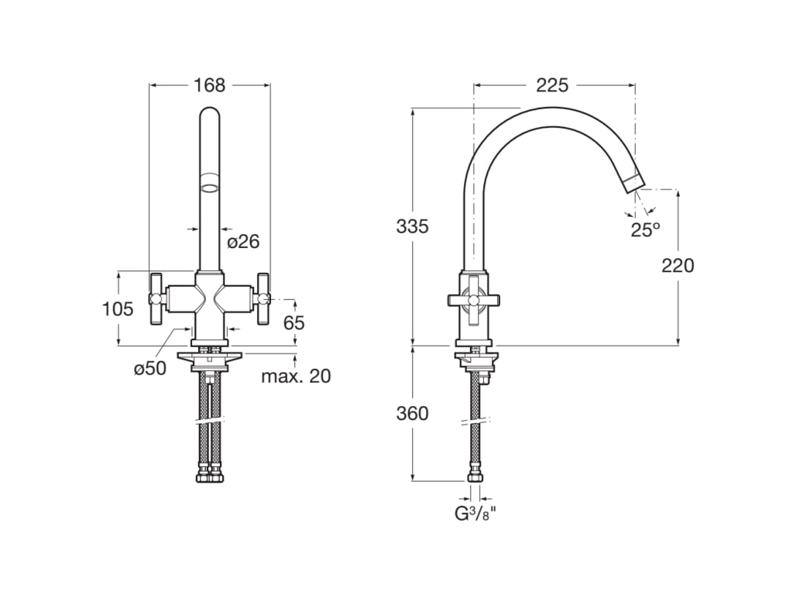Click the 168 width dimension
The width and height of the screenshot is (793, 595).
209,84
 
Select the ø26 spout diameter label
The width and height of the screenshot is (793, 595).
243,242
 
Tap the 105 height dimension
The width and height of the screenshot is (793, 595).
118,308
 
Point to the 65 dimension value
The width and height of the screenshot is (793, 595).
294,322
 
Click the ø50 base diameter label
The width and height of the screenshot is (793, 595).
150,369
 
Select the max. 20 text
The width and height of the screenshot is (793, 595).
295,377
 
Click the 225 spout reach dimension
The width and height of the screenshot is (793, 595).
552,84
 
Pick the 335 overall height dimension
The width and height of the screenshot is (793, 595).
412,226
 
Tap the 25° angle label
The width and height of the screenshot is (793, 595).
644,229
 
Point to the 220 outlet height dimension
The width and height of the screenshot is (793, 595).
678,265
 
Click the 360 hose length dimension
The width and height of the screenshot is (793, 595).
412,414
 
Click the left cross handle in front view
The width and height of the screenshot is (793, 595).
156,298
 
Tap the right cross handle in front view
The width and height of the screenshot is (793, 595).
263,298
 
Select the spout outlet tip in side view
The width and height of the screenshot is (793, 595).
633,182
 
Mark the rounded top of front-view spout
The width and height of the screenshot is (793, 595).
209,116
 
